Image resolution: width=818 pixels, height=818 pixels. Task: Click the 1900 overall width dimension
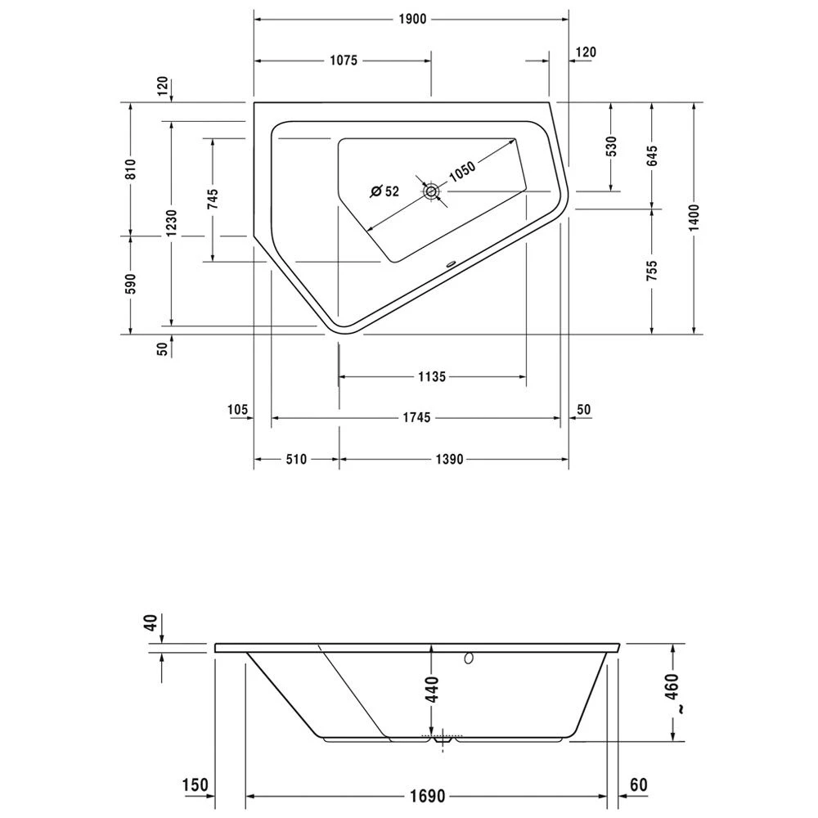413,20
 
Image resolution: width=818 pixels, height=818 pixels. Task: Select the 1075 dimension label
344,61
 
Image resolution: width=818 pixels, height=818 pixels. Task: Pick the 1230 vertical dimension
171,223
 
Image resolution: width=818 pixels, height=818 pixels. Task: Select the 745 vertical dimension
212,200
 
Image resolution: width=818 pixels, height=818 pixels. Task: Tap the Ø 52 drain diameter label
384,191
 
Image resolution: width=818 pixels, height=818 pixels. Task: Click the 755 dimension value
652,271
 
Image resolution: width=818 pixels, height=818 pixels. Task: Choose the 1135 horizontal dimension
431,377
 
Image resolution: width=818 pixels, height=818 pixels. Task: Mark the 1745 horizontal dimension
416,418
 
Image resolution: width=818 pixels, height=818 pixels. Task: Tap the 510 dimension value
296,460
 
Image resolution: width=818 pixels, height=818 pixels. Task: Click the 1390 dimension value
450,460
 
